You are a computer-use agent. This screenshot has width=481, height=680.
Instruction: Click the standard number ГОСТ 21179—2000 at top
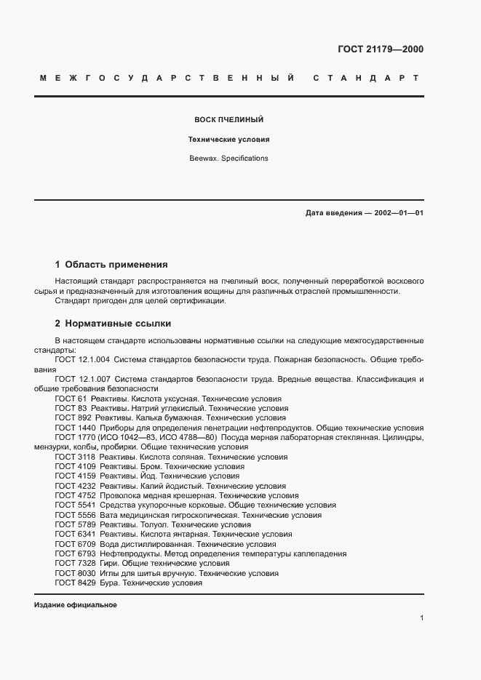[x=381, y=49]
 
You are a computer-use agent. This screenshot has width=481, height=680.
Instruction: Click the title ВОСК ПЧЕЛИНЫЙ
[x=228, y=119]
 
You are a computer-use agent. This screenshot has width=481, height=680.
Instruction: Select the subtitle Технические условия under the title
[x=229, y=138]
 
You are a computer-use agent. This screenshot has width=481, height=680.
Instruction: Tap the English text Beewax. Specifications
[x=228, y=158]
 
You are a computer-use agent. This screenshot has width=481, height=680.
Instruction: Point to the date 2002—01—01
[x=399, y=213]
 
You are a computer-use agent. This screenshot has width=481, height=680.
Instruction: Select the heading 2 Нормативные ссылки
[x=113, y=323]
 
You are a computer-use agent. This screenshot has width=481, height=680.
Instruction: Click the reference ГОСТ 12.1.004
[x=82, y=360]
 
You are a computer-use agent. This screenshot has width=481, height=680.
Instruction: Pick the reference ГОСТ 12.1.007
[x=82, y=380]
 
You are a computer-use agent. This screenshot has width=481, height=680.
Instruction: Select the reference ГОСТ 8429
[x=72, y=583]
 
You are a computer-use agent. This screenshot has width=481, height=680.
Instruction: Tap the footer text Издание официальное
[x=75, y=605]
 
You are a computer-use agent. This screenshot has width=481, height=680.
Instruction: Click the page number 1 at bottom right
[x=421, y=618]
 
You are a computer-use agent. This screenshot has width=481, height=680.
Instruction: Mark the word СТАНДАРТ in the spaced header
[x=366, y=78]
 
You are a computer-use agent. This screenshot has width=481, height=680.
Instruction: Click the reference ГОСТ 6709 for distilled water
[x=72, y=543]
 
